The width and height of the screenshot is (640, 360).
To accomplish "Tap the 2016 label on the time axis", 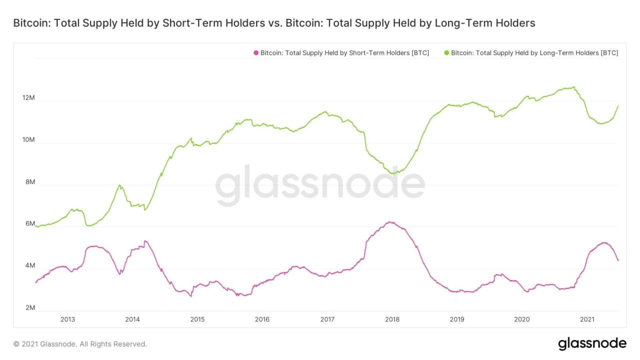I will pyautogui.click(x=262, y=319).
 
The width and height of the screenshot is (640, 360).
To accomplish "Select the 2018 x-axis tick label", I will pyautogui.click(x=392, y=319).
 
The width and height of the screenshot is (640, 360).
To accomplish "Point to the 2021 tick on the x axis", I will pyautogui.click(x=586, y=319).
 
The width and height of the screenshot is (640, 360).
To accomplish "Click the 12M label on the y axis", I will pyautogui.click(x=28, y=98).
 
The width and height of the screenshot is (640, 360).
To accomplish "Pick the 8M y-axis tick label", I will pyautogui.click(x=29, y=182).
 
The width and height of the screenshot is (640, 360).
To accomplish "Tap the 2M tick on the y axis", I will pyautogui.click(x=29, y=308).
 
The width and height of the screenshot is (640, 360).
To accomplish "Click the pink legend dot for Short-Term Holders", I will pyautogui.click(x=256, y=52).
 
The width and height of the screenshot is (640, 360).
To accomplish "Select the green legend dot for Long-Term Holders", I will pyautogui.click(x=446, y=52).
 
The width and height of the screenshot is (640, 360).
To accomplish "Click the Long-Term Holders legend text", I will pyautogui.click(x=534, y=52).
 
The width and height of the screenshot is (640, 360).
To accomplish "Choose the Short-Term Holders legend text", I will pyautogui.click(x=344, y=52).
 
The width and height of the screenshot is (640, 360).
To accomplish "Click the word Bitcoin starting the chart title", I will pyautogui.click(x=29, y=23).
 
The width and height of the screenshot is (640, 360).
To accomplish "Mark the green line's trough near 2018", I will pyautogui.click(x=394, y=173).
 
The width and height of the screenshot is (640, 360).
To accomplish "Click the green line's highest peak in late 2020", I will pyautogui.click(x=574, y=87).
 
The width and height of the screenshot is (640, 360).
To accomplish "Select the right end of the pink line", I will pyautogui.click(x=618, y=260).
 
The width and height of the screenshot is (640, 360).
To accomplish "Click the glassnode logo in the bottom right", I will pyautogui.click(x=592, y=343).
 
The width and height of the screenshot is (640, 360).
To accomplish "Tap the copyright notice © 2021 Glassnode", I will pyautogui.click(x=80, y=344).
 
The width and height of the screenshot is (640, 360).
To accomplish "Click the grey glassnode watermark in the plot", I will pyautogui.click(x=320, y=185).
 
